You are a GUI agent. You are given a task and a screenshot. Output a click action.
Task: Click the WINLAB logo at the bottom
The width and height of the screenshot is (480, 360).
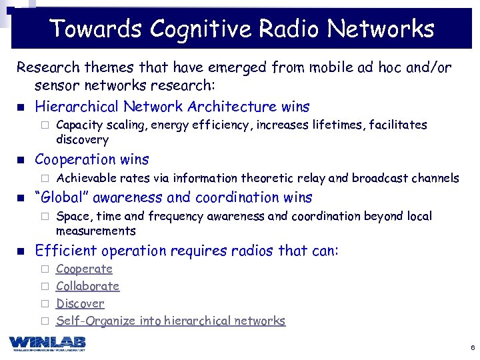[x=47, y=343]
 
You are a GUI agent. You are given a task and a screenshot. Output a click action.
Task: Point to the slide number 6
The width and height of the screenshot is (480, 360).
[x=472, y=348]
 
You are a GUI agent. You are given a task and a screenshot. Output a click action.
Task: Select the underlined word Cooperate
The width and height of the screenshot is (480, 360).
[x=84, y=269]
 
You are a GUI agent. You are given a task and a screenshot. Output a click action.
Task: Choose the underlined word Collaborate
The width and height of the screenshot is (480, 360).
[x=87, y=287]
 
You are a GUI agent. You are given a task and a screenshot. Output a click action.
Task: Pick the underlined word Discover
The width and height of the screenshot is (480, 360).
[x=80, y=304]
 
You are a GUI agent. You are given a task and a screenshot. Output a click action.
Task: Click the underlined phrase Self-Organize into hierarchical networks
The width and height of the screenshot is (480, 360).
[x=171, y=321]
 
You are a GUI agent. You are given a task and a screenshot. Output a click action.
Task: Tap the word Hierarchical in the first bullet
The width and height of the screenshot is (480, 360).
[x=74, y=107]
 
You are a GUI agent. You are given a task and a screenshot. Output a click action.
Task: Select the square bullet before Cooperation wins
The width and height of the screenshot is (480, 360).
[x=20, y=160]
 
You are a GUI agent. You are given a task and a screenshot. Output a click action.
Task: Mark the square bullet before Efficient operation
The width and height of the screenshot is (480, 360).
[x=20, y=251]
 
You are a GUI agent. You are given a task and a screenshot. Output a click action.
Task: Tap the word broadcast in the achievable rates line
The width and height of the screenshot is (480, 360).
[x=378, y=178]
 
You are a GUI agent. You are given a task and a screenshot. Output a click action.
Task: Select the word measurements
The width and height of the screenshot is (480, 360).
[x=95, y=231]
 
